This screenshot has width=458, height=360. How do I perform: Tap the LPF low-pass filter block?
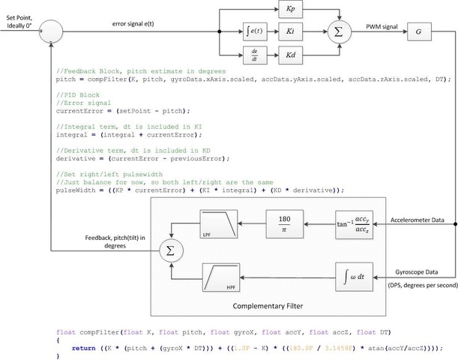(220, 224)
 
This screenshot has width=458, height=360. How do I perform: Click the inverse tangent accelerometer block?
(355, 224)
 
